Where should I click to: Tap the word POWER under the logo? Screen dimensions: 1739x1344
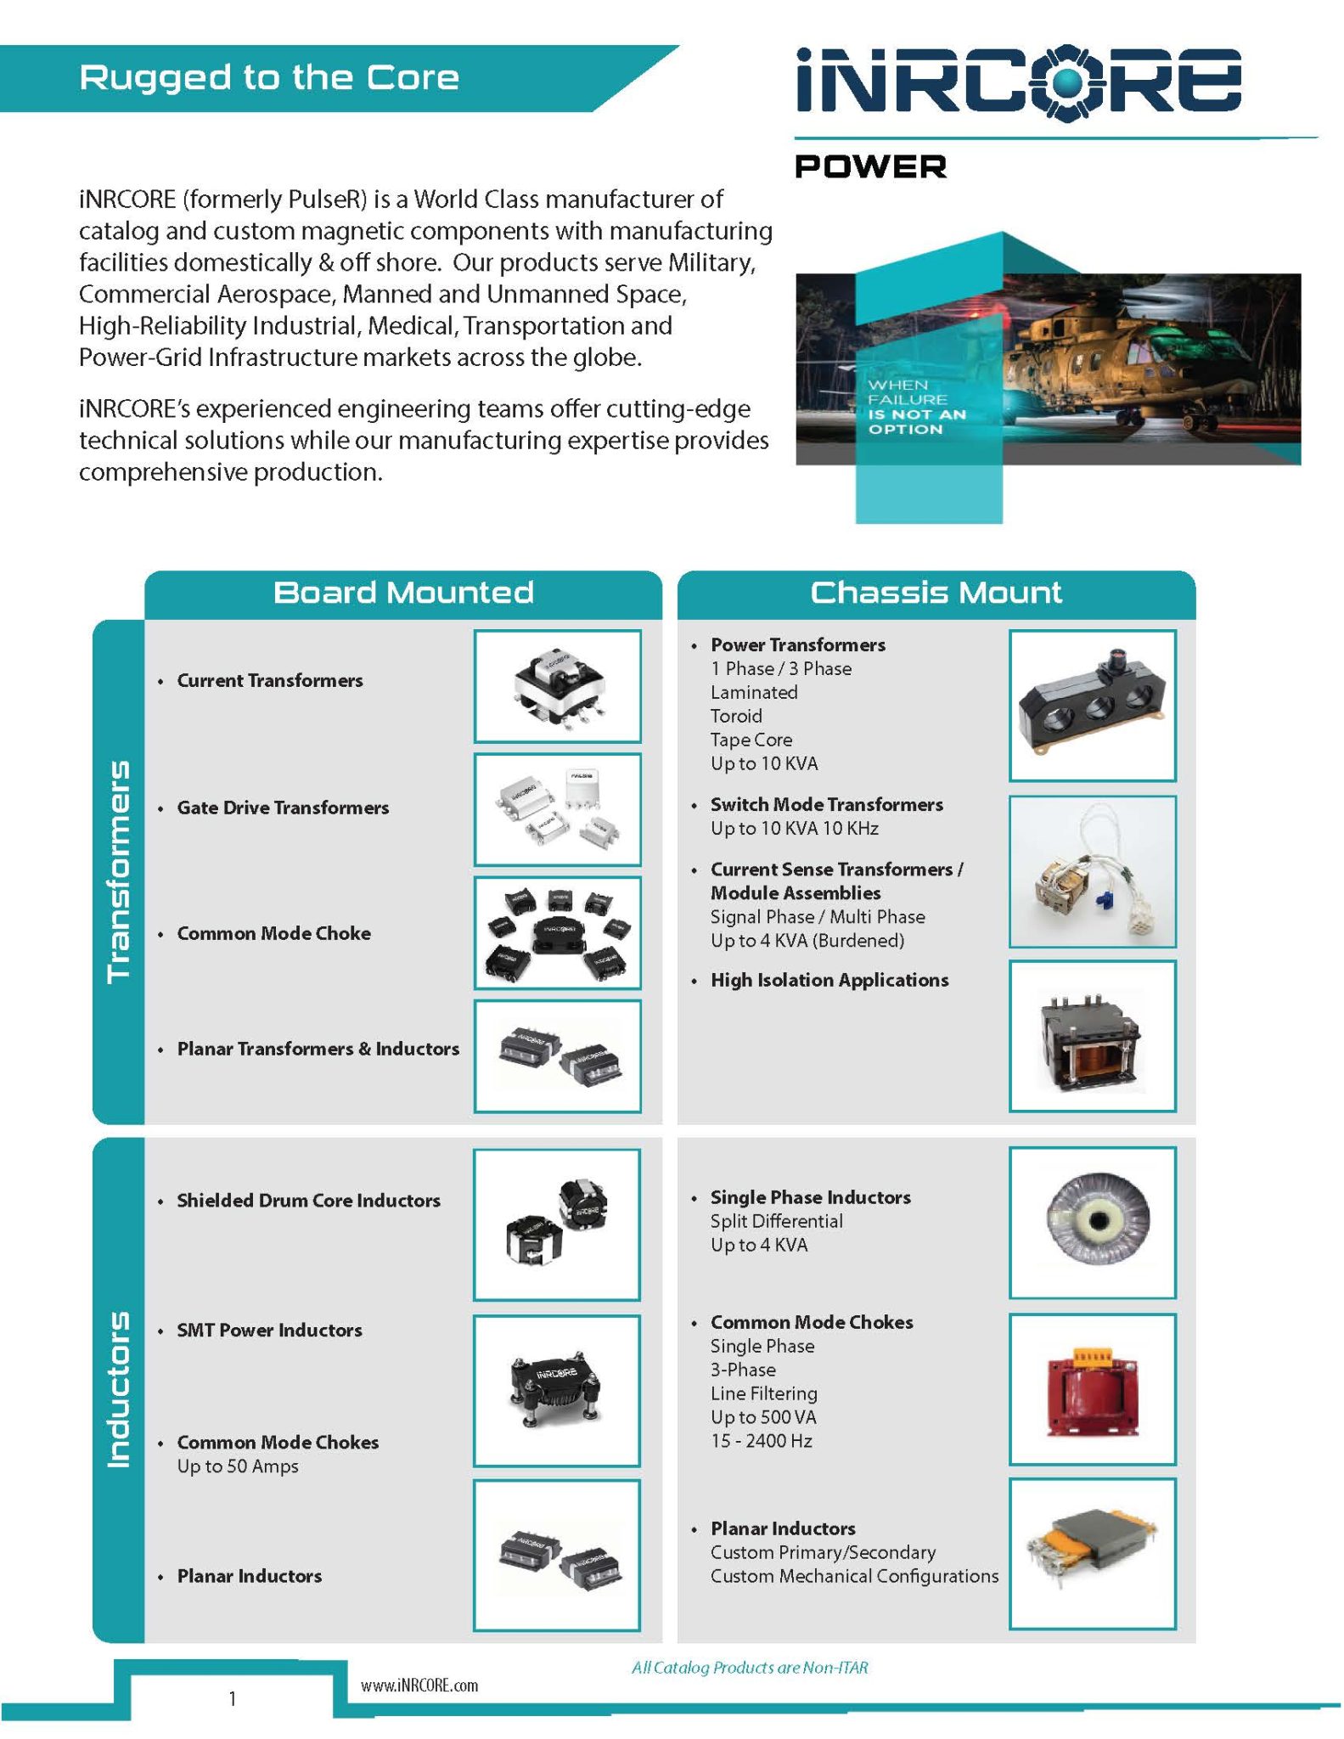tap(870, 166)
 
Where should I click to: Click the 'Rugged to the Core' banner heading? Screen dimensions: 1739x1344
tap(269, 78)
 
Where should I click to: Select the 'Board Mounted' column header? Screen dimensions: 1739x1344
tap(403, 593)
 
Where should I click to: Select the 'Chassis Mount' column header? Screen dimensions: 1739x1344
tap(936, 593)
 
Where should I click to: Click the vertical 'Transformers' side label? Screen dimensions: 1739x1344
tap(118, 871)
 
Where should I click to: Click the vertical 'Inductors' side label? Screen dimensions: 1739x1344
tap(118, 1388)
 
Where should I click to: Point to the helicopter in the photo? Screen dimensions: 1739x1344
tap(1104, 357)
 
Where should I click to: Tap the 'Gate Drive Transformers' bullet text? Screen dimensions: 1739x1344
tap(283, 808)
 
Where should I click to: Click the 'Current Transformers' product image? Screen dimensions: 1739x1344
tap(557, 686)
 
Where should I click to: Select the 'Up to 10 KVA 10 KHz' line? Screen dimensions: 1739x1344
tap(794, 828)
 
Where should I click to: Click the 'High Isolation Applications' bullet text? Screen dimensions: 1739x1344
tap(829, 980)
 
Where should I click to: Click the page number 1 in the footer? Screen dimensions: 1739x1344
tap(232, 1698)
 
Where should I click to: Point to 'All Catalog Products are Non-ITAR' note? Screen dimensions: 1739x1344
tap(750, 1668)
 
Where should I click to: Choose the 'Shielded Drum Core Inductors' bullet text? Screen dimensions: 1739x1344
tap(308, 1200)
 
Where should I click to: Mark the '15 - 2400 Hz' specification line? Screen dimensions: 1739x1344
tap(761, 1441)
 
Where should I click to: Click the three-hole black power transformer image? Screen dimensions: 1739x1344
tap(1092, 705)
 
